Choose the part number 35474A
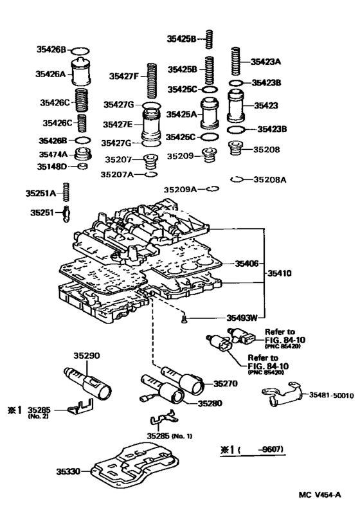[53, 154]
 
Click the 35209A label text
[179, 189]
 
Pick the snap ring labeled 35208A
[236, 179]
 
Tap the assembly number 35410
[280, 273]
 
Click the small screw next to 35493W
[184, 316]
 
